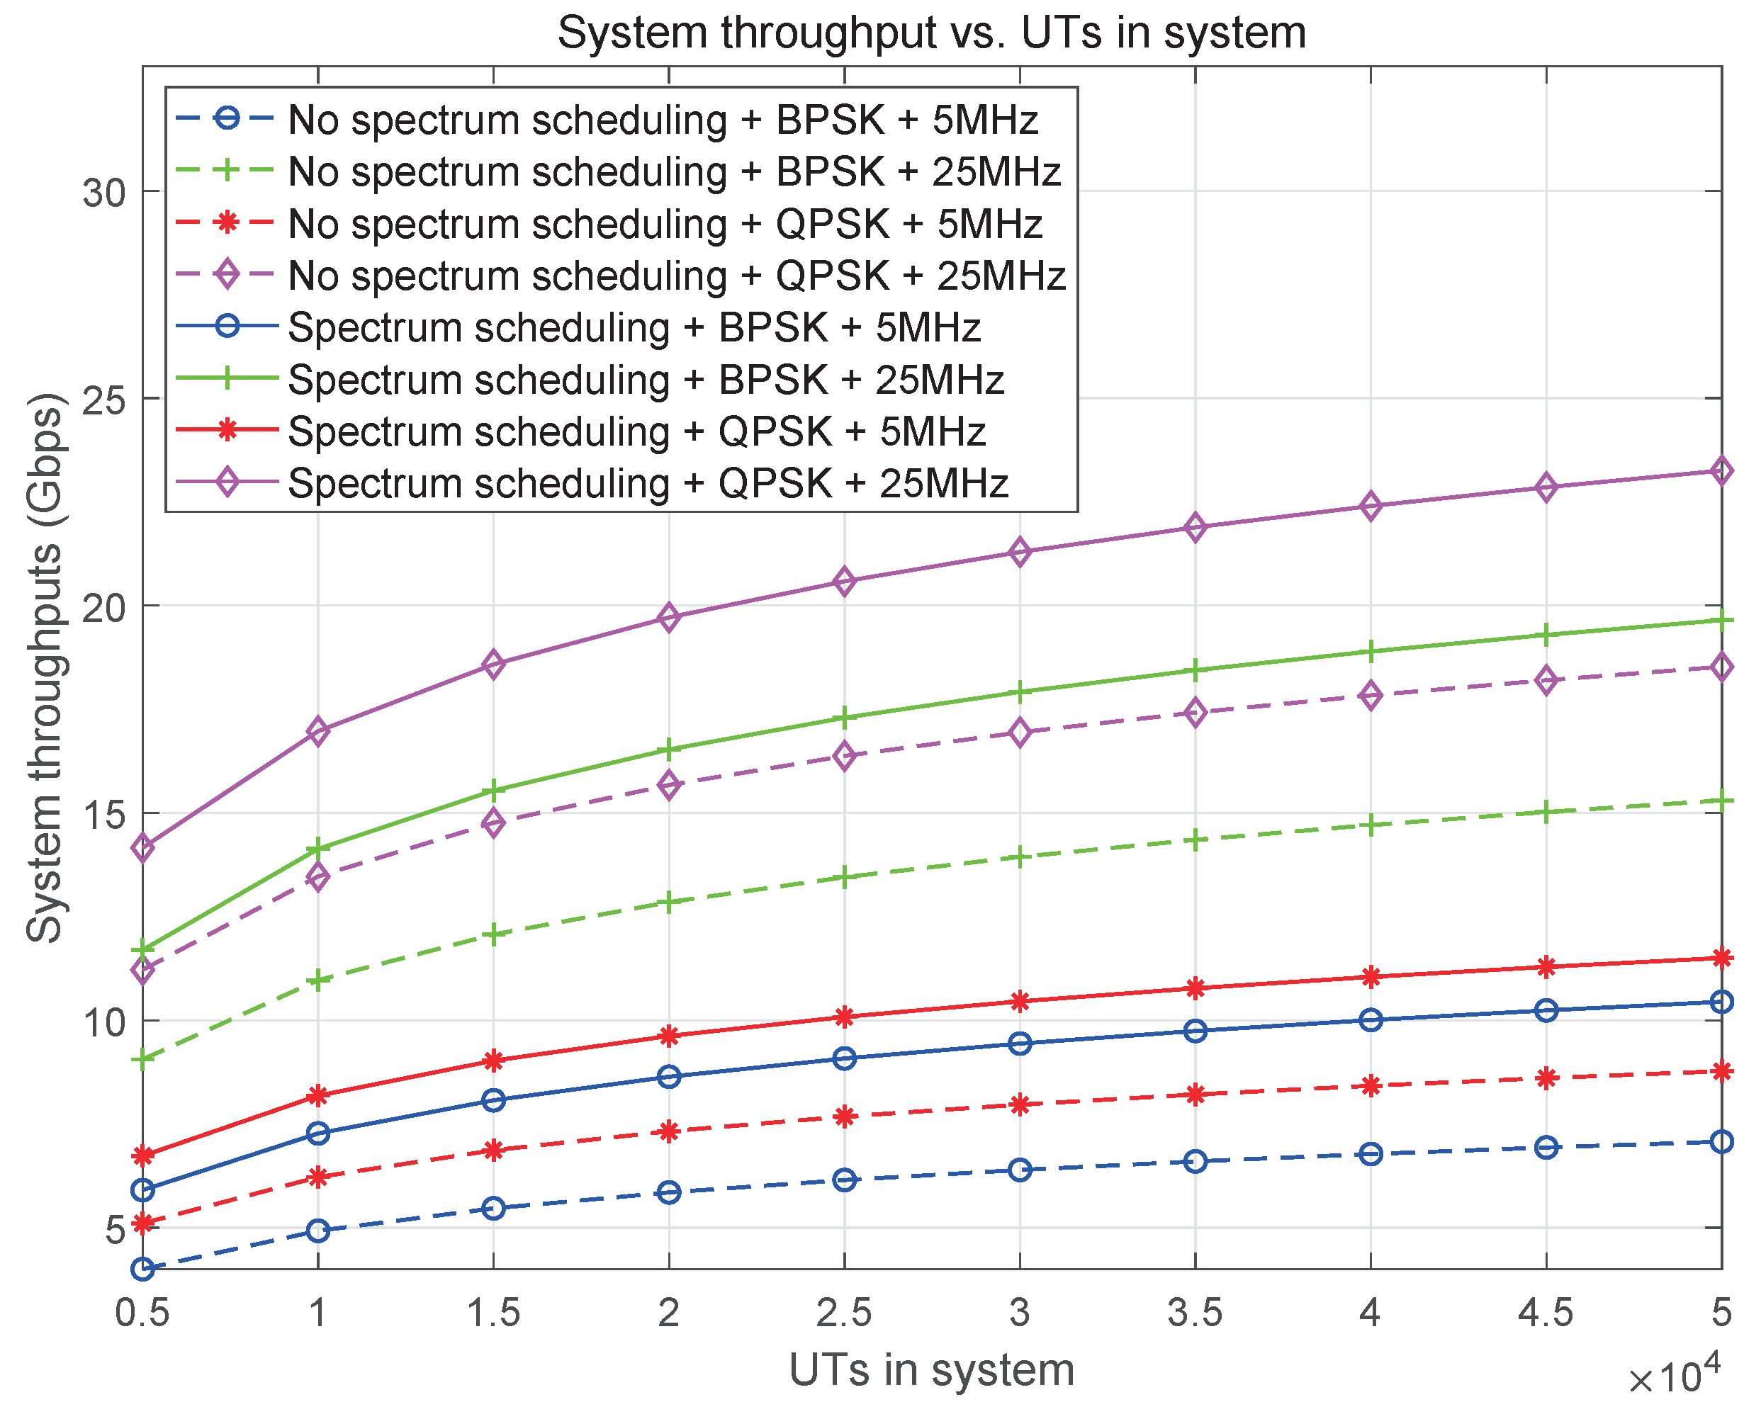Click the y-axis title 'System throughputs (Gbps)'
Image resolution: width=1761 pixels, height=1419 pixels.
[x=44, y=668]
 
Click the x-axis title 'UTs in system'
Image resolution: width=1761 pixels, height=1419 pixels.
[x=931, y=1369]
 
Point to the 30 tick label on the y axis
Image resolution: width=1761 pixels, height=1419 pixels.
[x=105, y=193]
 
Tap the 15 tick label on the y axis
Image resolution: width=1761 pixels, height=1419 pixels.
[x=105, y=814]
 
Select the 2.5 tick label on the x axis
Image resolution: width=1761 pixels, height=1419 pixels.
[x=844, y=1313]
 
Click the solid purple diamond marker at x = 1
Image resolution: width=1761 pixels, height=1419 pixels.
[x=318, y=730]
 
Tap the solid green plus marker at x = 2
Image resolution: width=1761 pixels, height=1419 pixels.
[x=669, y=750]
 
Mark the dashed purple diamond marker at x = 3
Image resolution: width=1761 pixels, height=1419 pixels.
[x=1020, y=733]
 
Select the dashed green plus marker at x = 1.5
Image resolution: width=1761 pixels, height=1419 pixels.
[x=493, y=934]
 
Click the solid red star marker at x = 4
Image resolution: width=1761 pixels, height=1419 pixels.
[x=1371, y=977]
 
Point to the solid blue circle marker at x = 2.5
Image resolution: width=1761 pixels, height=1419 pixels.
[x=845, y=1058]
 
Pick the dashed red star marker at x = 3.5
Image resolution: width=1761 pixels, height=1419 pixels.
[x=1195, y=1095]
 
